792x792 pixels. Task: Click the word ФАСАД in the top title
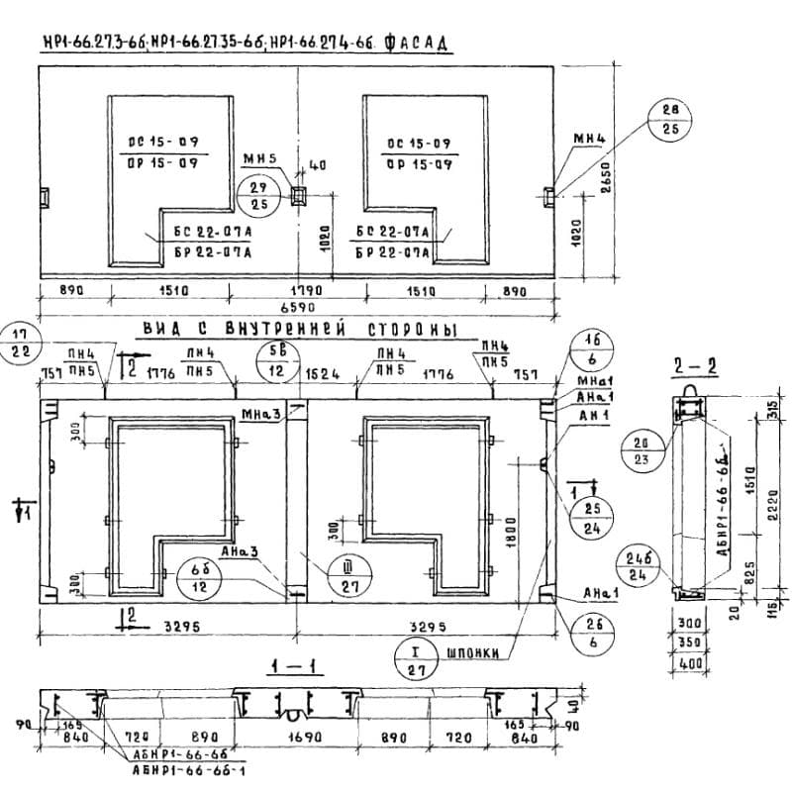[x=415, y=44]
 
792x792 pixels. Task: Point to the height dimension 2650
[x=606, y=177]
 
